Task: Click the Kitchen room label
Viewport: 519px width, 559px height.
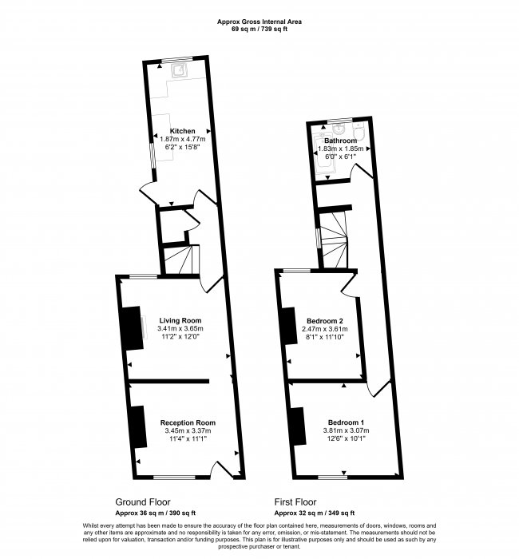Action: [x=182, y=131]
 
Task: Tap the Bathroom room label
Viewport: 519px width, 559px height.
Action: [x=340, y=141]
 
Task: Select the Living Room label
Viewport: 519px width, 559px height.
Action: [x=180, y=320]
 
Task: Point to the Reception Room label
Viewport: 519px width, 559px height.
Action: [x=188, y=422]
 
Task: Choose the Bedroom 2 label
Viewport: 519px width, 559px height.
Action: [x=325, y=320]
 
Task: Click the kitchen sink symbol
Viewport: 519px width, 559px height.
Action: [x=179, y=70]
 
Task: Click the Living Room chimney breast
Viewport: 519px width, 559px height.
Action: [x=131, y=328]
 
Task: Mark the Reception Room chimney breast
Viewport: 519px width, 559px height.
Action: [x=137, y=426]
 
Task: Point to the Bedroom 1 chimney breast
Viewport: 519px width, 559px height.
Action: [x=298, y=426]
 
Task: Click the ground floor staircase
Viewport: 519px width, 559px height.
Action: [x=181, y=260]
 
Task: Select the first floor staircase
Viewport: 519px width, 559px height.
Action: [x=334, y=240]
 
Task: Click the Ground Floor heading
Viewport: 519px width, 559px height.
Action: [x=143, y=502]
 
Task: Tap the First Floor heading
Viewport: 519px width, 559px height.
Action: [x=295, y=502]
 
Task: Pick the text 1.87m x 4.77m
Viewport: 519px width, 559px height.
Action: [x=183, y=139]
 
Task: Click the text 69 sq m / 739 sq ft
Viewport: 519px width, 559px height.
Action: [x=259, y=30]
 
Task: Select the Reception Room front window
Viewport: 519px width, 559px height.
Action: [x=174, y=477]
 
